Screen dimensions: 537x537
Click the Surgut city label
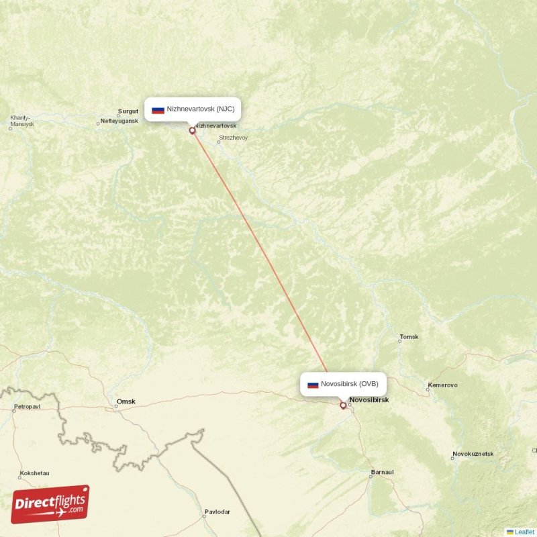pyautogui.click(x=128, y=111)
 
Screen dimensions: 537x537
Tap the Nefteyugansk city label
pyautogui.click(x=119, y=121)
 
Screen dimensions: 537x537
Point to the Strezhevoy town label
pyautogui.click(x=233, y=138)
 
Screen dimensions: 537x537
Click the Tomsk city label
pyautogui.click(x=409, y=336)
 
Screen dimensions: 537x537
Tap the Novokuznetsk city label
pyautogui.click(x=473, y=454)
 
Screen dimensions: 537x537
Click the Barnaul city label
pyautogui.click(x=382, y=473)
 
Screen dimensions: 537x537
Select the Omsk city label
pyautogui.click(x=126, y=401)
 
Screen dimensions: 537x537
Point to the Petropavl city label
pyautogui.click(x=28, y=407)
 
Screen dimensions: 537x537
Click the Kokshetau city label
pyautogui.click(x=34, y=473)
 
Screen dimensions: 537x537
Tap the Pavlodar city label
pyautogui.click(x=217, y=511)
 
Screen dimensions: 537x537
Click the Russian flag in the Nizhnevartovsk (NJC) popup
pyautogui.click(x=158, y=109)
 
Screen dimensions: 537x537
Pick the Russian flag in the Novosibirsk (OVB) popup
pyautogui.click(x=313, y=385)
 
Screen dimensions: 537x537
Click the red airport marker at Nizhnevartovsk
pyautogui.click(x=193, y=131)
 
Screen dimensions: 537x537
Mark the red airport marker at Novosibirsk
pyautogui.click(x=343, y=405)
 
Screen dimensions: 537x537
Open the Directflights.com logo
pyautogui.click(x=50, y=504)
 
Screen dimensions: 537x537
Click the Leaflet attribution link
pyautogui.click(x=524, y=532)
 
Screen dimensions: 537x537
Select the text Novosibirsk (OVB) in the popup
pyautogui.click(x=349, y=384)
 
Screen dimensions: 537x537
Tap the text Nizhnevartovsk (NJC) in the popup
pyautogui.click(x=200, y=109)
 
